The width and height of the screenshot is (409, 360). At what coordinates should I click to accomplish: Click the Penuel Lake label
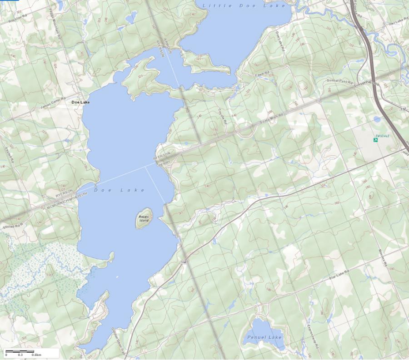264,337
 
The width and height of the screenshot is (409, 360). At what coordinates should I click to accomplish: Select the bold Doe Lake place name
80,102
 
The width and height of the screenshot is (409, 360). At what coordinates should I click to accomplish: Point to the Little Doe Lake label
244,5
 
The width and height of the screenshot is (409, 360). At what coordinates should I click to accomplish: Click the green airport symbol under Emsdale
376,140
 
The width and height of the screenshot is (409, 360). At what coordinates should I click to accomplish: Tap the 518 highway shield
183,262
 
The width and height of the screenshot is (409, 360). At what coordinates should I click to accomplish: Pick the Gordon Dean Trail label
117,337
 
